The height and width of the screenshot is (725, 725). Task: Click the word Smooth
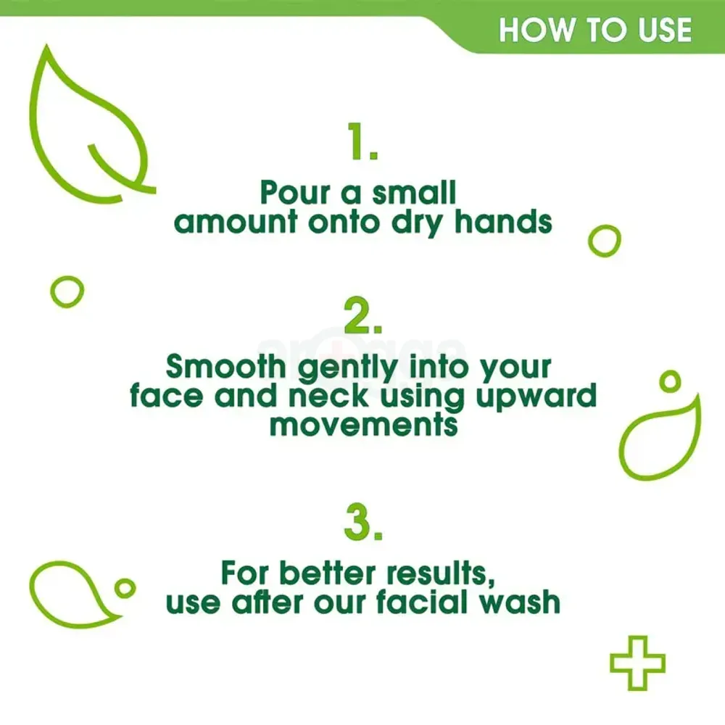227,368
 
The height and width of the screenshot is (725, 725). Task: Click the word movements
363,424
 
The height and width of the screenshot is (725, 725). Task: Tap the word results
444,573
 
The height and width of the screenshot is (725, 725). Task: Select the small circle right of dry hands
604,241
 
